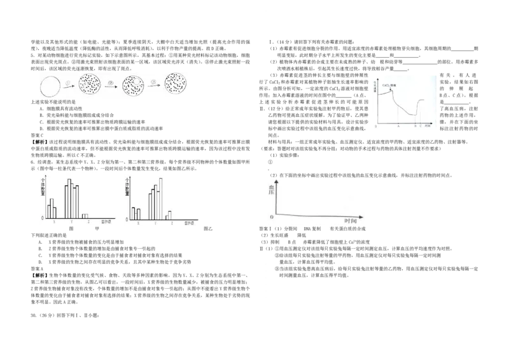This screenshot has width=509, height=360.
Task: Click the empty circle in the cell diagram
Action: (x=51, y=85)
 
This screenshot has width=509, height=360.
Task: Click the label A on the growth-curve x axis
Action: (x=398, y=127)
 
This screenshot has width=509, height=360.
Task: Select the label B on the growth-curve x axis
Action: (x=415, y=127)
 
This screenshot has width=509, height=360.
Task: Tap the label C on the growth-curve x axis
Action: (x=421, y=127)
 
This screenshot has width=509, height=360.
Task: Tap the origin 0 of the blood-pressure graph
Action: (x=272, y=218)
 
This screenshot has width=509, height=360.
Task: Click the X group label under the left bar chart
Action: (x=55, y=221)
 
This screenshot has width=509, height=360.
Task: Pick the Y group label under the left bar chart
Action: (x=72, y=221)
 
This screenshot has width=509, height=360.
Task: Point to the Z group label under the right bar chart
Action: (x=172, y=222)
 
